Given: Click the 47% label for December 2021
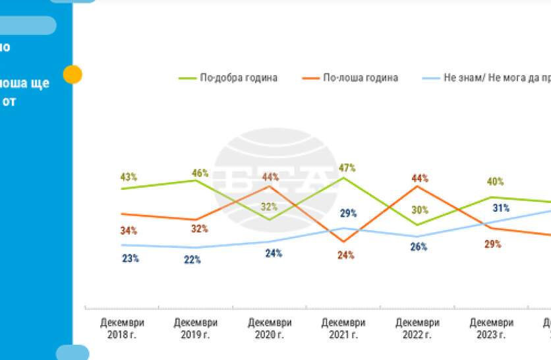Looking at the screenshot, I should pyautogui.click(x=348, y=167).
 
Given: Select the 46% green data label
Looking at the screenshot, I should pyautogui.click(x=200, y=173).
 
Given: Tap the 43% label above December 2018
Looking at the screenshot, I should pyautogui.click(x=129, y=177).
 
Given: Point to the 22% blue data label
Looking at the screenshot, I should pyautogui.click(x=192, y=260).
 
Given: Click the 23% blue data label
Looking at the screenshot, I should pyautogui.click(x=130, y=258).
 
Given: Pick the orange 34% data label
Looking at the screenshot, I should pyautogui.click(x=129, y=231).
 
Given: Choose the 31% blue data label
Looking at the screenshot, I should pyautogui.click(x=501, y=208).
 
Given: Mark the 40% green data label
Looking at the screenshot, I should pyautogui.click(x=496, y=181).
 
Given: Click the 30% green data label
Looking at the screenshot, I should pyautogui.click(x=420, y=210).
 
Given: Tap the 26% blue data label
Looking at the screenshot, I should pyautogui.click(x=419, y=247).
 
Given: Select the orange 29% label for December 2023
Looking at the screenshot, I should pyautogui.click(x=493, y=244).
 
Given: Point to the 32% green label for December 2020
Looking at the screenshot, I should pyautogui.click(x=269, y=206).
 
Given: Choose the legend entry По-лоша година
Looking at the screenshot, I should pyautogui.click(x=360, y=78).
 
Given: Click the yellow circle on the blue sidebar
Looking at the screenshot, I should pyautogui.click(x=72, y=75).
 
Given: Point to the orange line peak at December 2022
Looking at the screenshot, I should pyautogui.click(x=417, y=186).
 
